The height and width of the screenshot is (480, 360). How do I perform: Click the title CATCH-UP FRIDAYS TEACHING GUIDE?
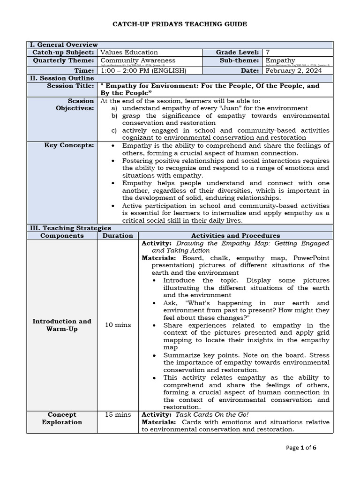tap(180, 24)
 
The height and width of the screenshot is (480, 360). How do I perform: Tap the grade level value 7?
tap(268, 52)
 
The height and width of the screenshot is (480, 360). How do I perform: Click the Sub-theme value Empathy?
tap(280, 60)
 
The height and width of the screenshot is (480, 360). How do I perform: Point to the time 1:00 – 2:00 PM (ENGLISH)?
tap(143, 70)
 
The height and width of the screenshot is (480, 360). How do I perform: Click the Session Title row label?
tap(70, 86)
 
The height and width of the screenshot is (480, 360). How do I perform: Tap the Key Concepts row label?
tap(69, 145)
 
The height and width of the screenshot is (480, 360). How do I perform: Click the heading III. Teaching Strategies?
tap(71, 228)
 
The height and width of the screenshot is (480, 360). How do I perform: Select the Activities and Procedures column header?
tap(235, 236)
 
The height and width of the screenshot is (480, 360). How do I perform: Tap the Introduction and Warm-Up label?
tap(62, 325)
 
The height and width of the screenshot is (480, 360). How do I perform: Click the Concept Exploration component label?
tap(62, 418)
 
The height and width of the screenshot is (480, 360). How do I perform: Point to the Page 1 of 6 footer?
tap(301, 448)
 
